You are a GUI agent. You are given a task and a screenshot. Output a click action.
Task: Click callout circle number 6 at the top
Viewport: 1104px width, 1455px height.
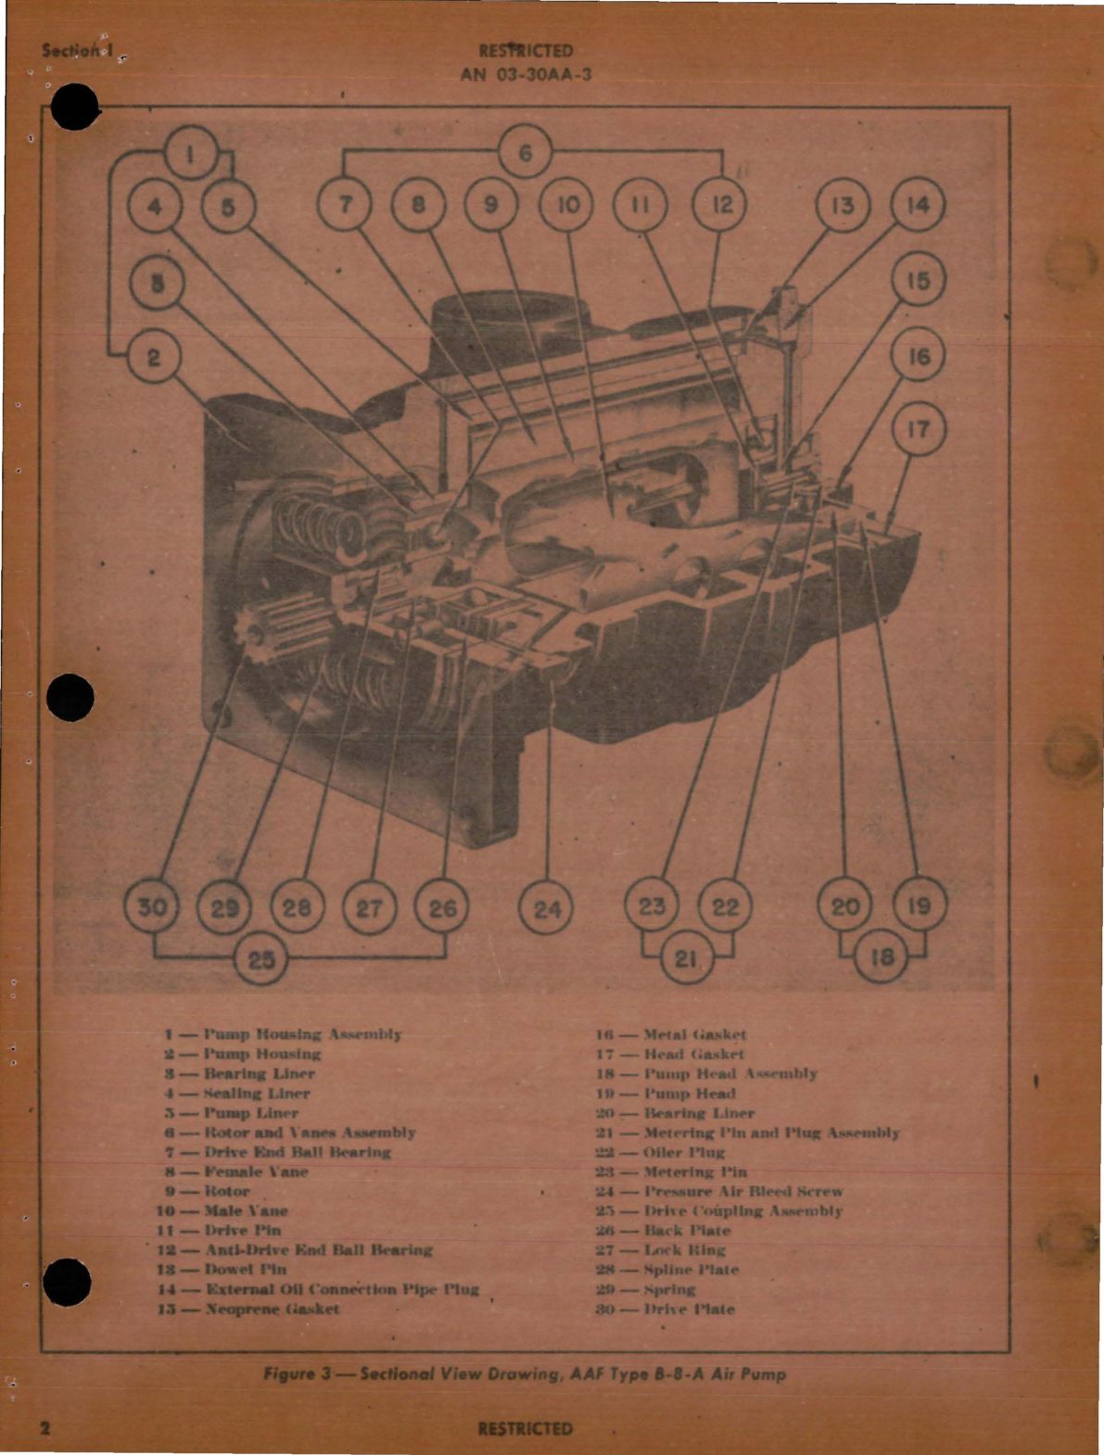pos(526,152)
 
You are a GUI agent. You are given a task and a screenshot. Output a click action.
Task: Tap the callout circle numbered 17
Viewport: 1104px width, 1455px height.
pos(918,430)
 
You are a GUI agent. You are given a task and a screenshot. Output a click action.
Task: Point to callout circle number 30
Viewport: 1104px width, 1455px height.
pos(152,907)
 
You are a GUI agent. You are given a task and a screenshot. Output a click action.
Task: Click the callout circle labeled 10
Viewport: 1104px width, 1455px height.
pos(567,204)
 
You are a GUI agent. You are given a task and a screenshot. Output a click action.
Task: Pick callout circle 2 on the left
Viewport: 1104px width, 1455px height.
pos(154,357)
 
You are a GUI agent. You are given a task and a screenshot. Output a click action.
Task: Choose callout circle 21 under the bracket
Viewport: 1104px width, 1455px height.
pos(687,958)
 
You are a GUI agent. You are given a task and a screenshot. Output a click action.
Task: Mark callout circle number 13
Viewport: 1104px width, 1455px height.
pos(842,205)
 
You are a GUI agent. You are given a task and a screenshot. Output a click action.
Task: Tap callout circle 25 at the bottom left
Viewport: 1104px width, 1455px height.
pos(260,958)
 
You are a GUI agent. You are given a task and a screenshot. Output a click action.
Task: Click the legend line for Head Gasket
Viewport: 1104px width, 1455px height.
pos(669,1054)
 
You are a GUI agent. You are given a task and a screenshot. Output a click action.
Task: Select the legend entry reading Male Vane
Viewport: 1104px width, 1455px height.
pos(222,1210)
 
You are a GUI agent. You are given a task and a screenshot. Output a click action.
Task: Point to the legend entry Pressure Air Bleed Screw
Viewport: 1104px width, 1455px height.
pos(718,1191)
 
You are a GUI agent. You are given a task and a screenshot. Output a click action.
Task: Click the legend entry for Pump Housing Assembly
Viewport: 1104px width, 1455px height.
pos(283,1033)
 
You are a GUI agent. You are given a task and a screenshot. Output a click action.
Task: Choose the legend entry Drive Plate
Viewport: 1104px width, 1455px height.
pos(665,1309)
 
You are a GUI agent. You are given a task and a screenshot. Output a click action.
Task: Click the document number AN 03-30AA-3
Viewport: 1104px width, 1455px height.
pos(526,75)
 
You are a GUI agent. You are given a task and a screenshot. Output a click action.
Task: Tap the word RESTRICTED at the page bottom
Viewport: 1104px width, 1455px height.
pos(525,1428)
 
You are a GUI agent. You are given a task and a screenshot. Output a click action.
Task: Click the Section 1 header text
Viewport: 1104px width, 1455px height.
pos(78,51)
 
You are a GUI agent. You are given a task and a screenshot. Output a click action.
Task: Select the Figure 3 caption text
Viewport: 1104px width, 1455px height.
pos(525,1373)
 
